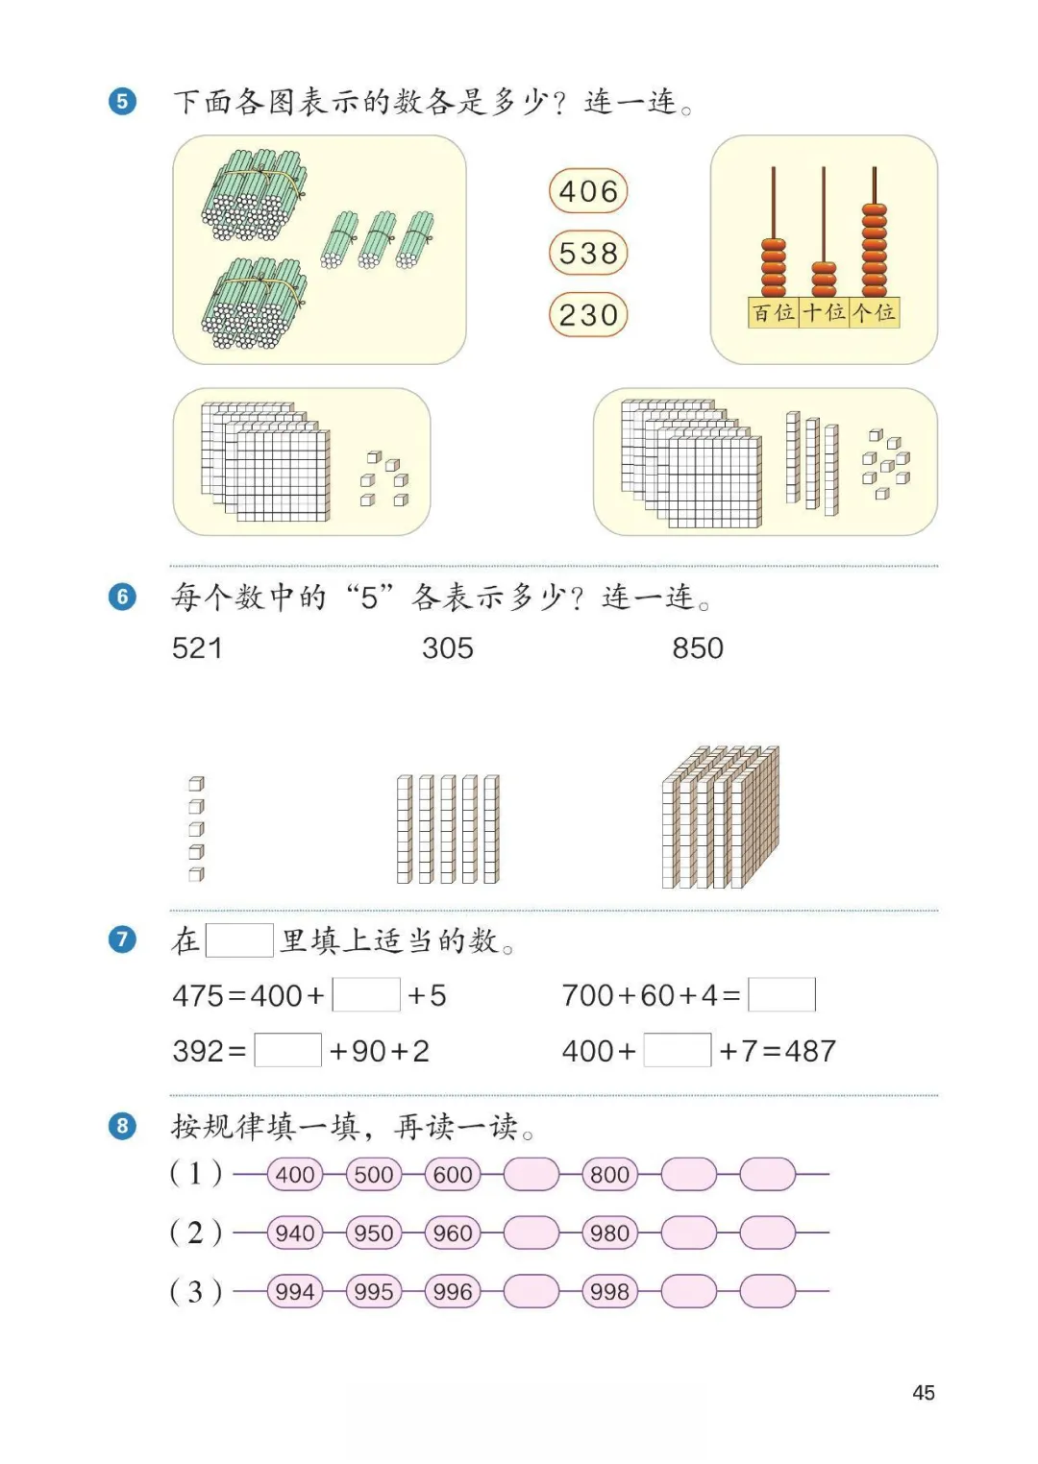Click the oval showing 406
(x=588, y=191)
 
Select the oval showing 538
(x=588, y=254)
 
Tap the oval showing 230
(x=588, y=315)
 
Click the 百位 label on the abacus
(x=774, y=312)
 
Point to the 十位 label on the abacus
(x=824, y=312)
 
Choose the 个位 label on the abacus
(x=875, y=312)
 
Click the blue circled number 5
(x=122, y=101)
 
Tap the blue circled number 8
(x=122, y=1125)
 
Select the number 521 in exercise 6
(x=197, y=648)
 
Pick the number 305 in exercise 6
(x=448, y=648)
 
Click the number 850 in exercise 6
(x=698, y=648)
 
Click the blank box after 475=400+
(x=366, y=994)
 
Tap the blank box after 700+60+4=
(x=781, y=994)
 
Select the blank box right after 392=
(x=287, y=1050)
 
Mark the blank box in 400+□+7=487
(x=678, y=1050)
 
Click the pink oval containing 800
(x=610, y=1174)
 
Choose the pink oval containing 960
(x=453, y=1232)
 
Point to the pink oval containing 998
(x=610, y=1292)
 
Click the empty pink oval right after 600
(x=531, y=1174)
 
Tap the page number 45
(x=924, y=1393)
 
